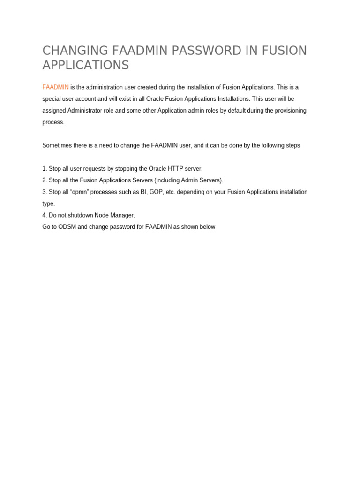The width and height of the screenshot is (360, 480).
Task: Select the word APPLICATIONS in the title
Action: coord(85,65)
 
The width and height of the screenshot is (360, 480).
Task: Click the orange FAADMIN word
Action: coord(55,87)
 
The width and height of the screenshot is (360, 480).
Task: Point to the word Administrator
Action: coord(88,111)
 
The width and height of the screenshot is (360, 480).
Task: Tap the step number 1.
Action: coord(44,169)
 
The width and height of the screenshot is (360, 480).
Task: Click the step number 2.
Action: coord(44,180)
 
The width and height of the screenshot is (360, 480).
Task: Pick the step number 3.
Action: coord(44,192)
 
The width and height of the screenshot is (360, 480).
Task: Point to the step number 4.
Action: coord(44,215)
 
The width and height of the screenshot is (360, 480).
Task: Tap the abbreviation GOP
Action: coord(157,192)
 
